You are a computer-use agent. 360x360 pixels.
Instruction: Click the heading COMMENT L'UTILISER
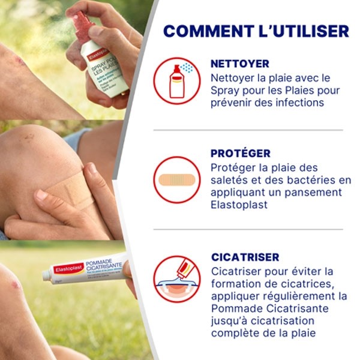pyautogui.click(x=256, y=31)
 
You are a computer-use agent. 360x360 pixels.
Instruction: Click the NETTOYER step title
pyautogui.click(x=240, y=64)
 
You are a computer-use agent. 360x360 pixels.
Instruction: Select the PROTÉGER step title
pyautogui.click(x=241, y=154)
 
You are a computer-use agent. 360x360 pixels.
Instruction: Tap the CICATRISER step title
pyautogui.click(x=245, y=257)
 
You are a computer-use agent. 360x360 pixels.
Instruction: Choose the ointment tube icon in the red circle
pyautogui.click(x=176, y=278)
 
